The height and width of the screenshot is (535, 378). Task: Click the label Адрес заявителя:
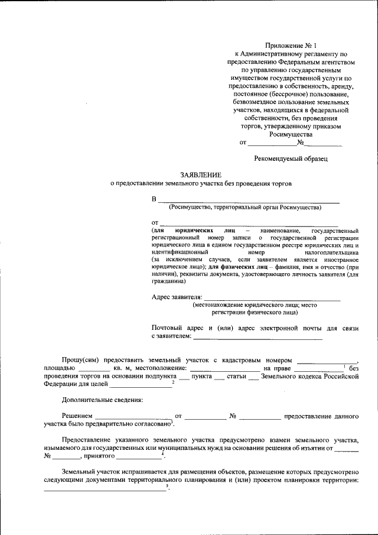pos(177,296)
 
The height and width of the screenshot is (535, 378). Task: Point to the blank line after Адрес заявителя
pos(272,297)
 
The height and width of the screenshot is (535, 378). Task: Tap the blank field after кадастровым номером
pos(327,360)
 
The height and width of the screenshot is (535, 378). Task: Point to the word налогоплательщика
pos(330,252)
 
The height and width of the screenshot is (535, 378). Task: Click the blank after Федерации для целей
pos(139,384)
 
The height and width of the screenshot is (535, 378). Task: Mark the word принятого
pos(99,456)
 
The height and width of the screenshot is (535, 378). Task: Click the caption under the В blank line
pos(245,207)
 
